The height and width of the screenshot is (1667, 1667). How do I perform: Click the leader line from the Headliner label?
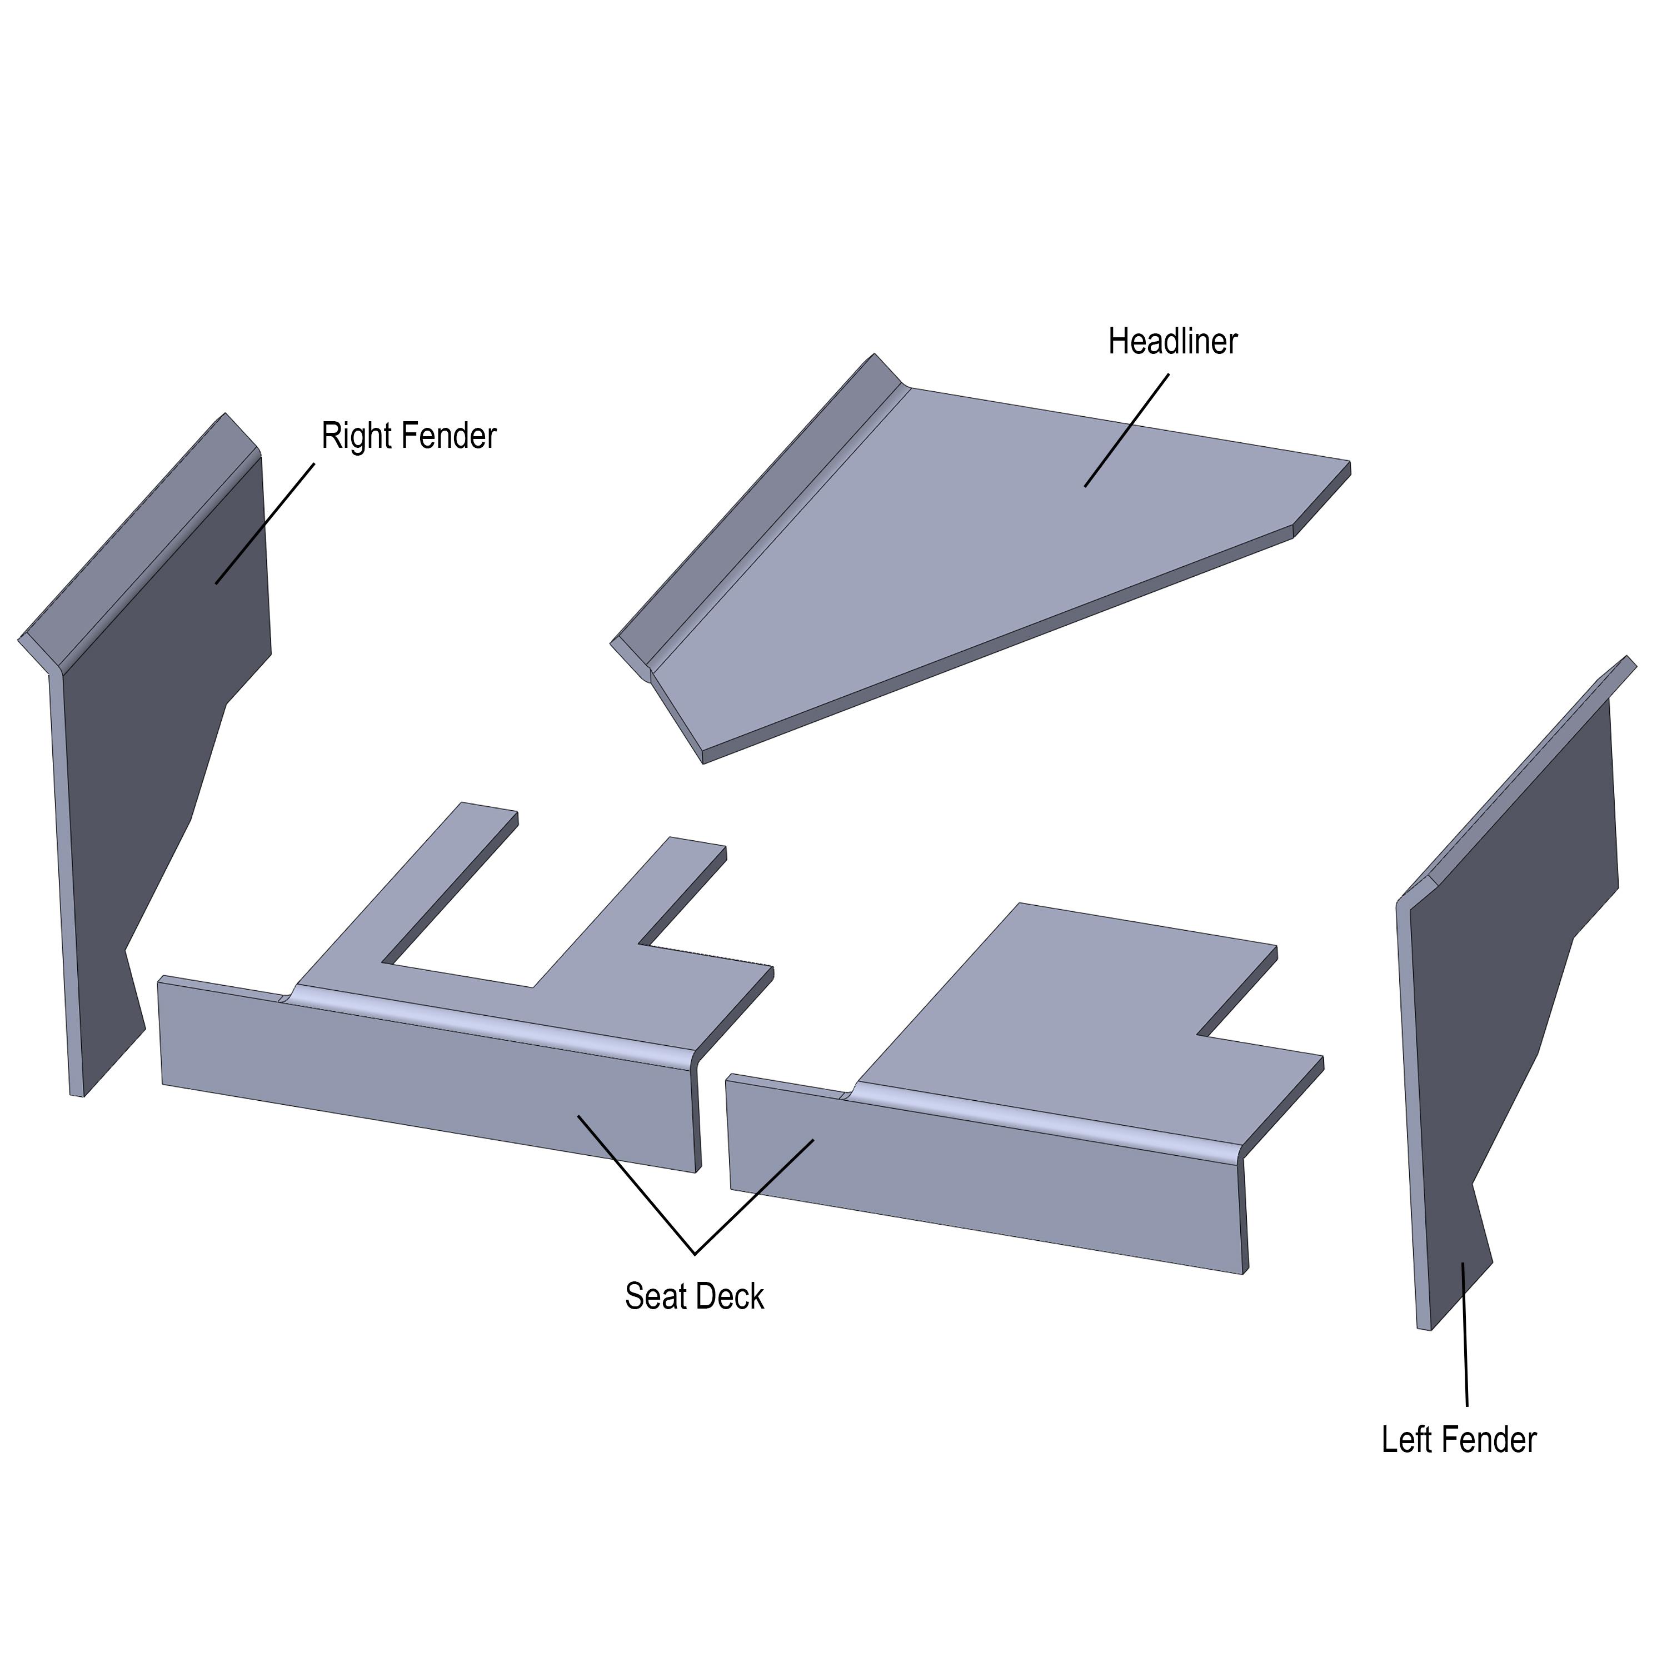pyautogui.click(x=1127, y=430)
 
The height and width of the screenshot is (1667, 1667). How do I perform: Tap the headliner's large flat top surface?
pyautogui.click(x=992, y=552)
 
